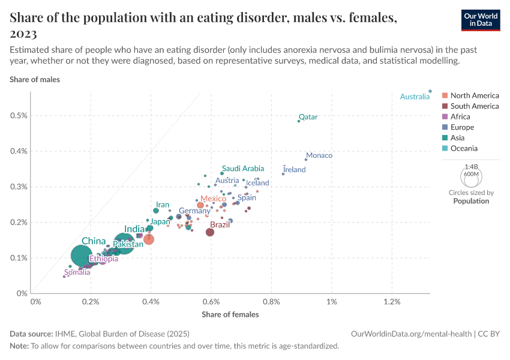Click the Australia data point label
pyautogui.click(x=415, y=97)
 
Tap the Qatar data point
pyautogui.click(x=299, y=121)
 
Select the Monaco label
pyautogui.click(x=319, y=155)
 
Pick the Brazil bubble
pyautogui.click(x=210, y=232)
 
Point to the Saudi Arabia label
pyautogui.click(x=242, y=169)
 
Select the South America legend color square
pyautogui.click(x=445, y=106)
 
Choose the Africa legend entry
pyautogui.click(x=460, y=116)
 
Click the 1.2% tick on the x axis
pyautogui.click(x=392, y=301)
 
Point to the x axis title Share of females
pyautogui.click(x=230, y=314)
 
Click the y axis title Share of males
pyautogui.click(x=35, y=79)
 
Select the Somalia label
pyautogui.click(x=77, y=272)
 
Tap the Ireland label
pyautogui.click(x=294, y=170)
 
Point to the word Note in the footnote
pyautogui.click(x=19, y=346)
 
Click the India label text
pyautogui.click(x=134, y=229)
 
